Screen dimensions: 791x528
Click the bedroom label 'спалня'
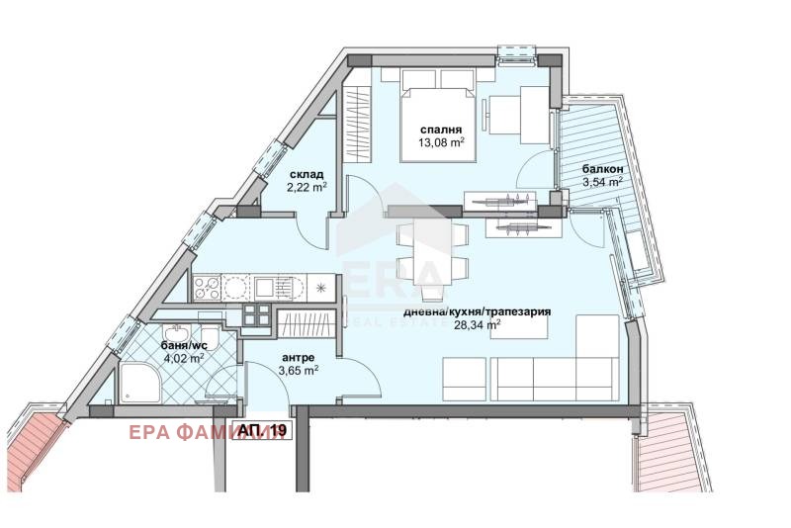point(441,131)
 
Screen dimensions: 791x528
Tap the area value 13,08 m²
point(441,142)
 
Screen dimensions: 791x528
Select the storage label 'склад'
point(307,175)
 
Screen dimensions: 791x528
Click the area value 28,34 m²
point(478,324)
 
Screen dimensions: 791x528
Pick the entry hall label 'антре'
point(299,358)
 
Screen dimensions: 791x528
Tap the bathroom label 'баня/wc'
point(183,345)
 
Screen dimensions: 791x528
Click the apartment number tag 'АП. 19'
point(262,430)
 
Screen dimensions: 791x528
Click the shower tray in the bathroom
point(140,384)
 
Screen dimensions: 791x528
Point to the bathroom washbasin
point(176,333)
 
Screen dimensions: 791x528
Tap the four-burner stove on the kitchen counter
point(208,288)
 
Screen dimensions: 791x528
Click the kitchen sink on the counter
point(264,288)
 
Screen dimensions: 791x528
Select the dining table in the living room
point(432,253)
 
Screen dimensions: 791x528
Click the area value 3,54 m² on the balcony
point(603,182)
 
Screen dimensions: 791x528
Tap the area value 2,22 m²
point(307,187)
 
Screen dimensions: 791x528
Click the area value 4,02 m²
point(183,358)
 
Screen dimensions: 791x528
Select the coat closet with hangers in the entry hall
point(307,323)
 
